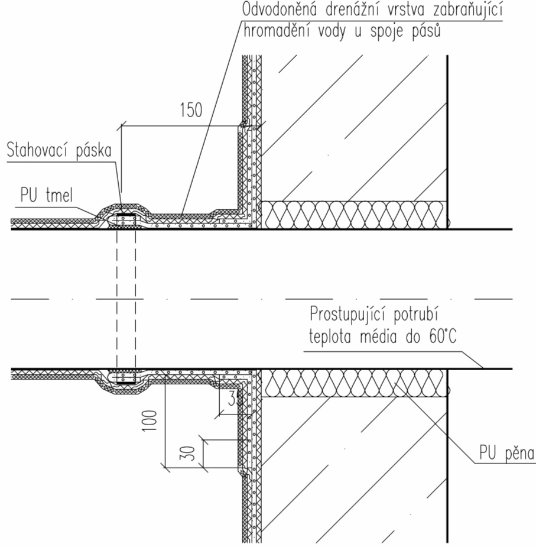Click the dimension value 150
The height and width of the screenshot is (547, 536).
189,109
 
